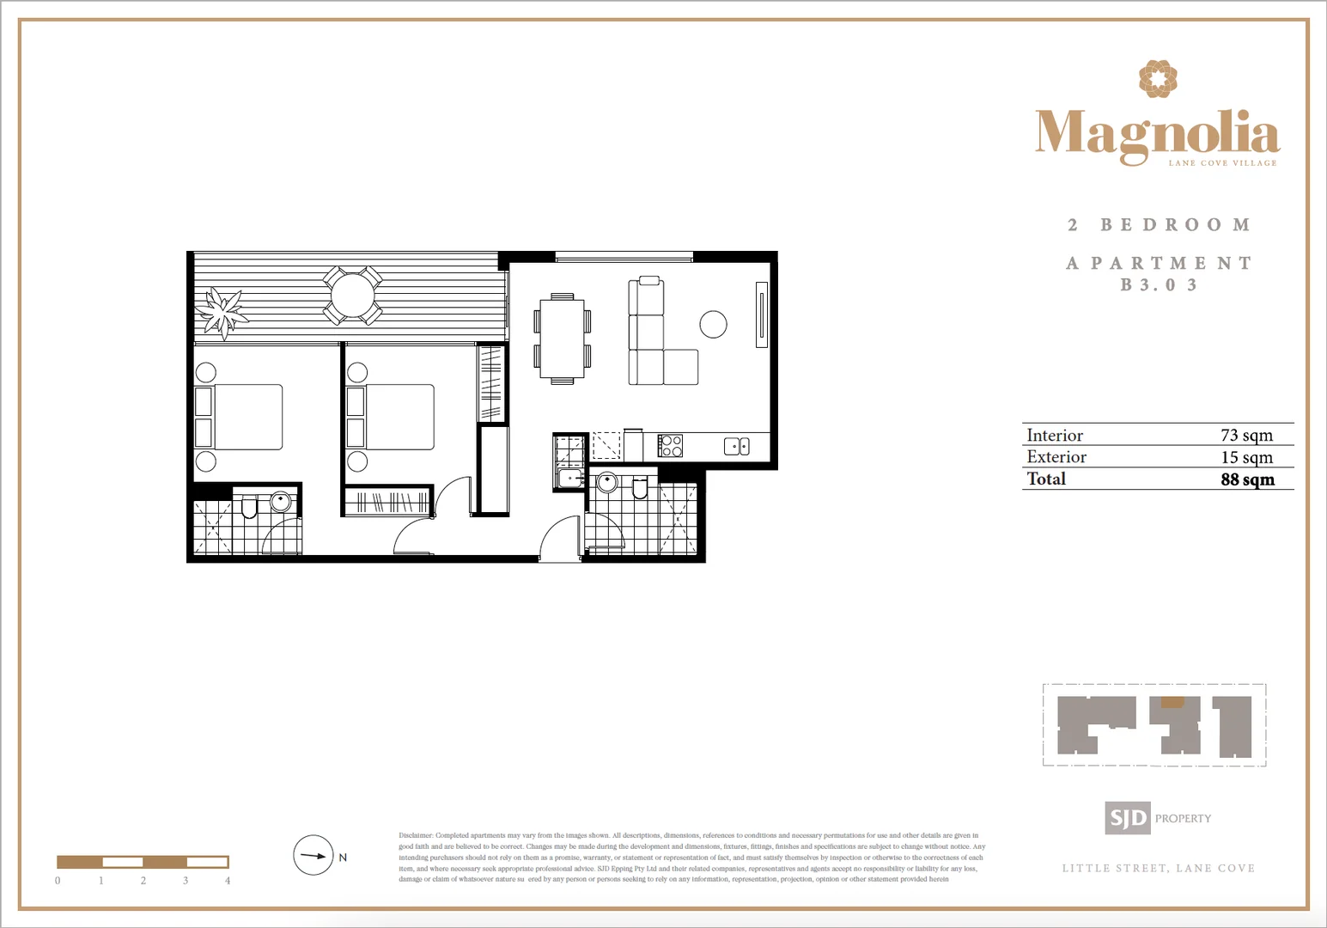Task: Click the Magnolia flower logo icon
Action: [1158, 79]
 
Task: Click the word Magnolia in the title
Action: [1157, 133]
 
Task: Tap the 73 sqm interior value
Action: [1246, 436]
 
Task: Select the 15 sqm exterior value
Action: [1246, 458]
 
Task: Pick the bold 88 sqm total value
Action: [1247, 479]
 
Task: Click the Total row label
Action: [1046, 479]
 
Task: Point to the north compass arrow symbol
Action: [313, 856]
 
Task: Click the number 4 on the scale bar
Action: [228, 881]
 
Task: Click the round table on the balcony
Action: [352, 296]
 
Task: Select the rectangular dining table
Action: [562, 339]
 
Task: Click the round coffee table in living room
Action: [713, 324]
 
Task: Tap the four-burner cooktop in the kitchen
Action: [670, 446]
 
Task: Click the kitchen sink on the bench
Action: [736, 446]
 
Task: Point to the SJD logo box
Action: [1127, 818]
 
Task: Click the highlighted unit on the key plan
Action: [1172, 702]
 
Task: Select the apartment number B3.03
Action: [1158, 285]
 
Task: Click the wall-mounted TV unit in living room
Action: [761, 314]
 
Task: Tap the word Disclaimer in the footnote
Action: [416, 835]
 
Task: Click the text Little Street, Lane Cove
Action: [1158, 869]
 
